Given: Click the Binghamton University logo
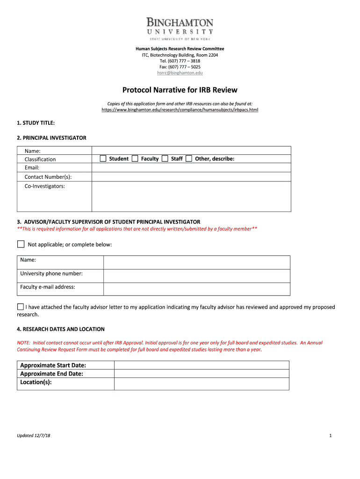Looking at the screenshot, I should [x=180, y=28].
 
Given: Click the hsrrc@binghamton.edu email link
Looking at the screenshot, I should [x=180, y=73].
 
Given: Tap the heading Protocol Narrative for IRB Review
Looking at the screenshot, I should [x=180, y=90].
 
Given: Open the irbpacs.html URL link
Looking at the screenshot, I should [x=180, y=110].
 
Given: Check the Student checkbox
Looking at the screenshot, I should [x=103, y=159].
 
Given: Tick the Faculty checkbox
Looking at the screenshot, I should [x=135, y=159].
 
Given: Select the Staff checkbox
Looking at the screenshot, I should [x=165, y=159].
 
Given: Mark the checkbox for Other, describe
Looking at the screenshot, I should [x=189, y=159].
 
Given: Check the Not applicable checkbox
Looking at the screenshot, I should [x=21, y=244].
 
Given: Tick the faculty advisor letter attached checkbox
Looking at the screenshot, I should [x=21, y=307].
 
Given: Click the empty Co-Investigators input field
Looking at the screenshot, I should [x=191, y=196].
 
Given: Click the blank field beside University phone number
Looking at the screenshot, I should [x=196, y=276].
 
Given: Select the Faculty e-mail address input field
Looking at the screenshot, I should [x=196, y=289].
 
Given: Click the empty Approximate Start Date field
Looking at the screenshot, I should [x=202, y=365].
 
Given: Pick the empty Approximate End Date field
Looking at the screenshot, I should [x=202, y=373].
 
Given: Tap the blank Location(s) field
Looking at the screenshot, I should [x=202, y=384].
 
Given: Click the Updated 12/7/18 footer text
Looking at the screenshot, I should [x=34, y=436].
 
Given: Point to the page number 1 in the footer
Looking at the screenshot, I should [x=330, y=436].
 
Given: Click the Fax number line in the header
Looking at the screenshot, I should [x=180, y=67].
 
